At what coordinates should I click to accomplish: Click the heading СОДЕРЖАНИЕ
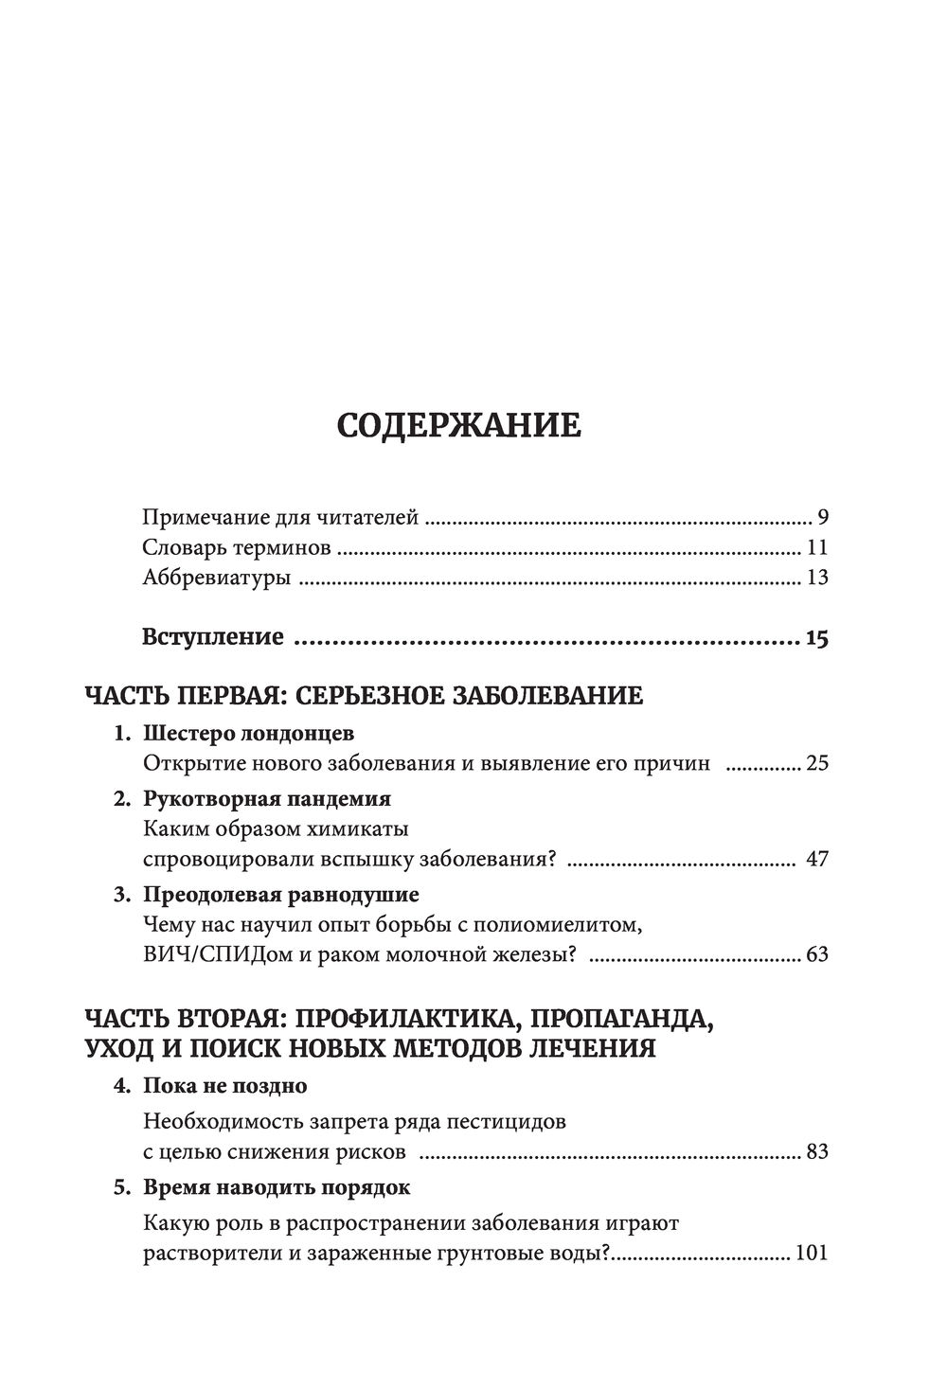tap(459, 426)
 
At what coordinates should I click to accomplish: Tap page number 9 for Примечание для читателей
tap(823, 518)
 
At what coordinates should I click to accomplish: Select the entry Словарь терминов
tap(237, 547)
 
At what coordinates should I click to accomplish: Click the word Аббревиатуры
tap(216, 578)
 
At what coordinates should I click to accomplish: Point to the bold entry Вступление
tap(213, 636)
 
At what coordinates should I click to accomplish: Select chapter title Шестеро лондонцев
tap(248, 734)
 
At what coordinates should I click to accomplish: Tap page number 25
tap(817, 763)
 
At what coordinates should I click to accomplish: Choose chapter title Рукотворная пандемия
tap(267, 799)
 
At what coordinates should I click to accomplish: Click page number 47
tap(817, 860)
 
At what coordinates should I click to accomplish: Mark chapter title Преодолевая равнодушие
tap(281, 894)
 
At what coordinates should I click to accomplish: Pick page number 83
tap(817, 1152)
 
